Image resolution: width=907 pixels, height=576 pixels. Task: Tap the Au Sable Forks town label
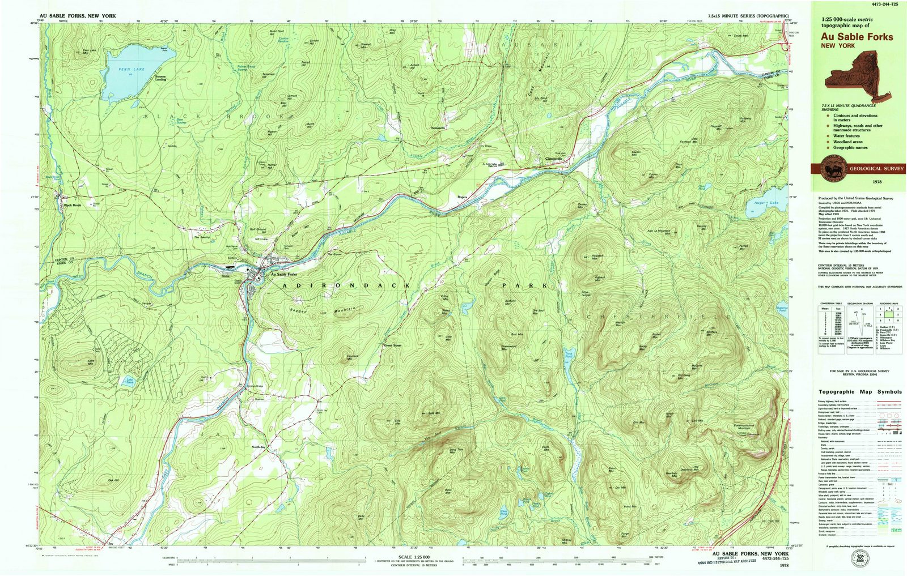coord(283,274)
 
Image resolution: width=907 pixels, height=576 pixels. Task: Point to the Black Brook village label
coord(72,205)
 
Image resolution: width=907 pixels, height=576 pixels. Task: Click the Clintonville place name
coord(553,159)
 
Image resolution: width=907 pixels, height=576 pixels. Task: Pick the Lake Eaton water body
coord(129,381)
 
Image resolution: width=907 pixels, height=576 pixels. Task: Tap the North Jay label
coord(258,447)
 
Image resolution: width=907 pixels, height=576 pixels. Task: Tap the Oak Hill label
coord(113,480)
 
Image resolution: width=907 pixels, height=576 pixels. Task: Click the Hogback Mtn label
coord(598,257)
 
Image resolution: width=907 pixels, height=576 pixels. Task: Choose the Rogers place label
coord(461,197)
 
